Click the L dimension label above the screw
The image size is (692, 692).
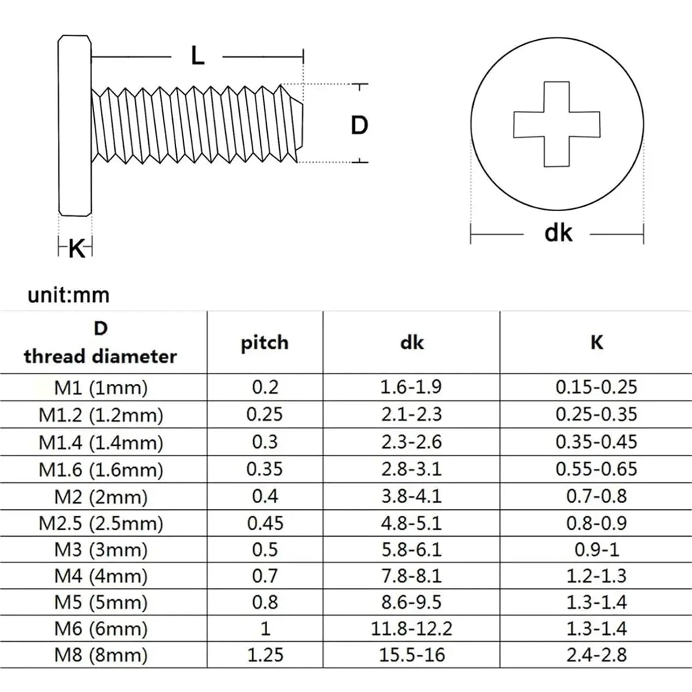tap(197, 56)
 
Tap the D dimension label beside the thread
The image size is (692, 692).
tap(359, 125)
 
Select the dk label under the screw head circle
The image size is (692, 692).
tap(558, 233)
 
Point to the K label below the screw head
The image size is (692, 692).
tap(77, 249)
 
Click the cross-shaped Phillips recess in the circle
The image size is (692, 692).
tap(557, 124)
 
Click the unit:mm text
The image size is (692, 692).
tap(68, 295)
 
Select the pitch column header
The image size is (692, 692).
tap(265, 343)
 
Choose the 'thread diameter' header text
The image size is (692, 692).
tap(101, 357)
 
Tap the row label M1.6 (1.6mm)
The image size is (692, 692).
tap(101, 470)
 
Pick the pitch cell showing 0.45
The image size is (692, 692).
tap(265, 523)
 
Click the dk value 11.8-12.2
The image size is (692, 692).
tap(412, 628)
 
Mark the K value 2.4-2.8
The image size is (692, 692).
tap(597, 655)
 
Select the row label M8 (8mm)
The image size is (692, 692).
tap(101, 655)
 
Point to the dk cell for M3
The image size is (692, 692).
tap(412, 549)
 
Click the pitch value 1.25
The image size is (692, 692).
tap(265, 655)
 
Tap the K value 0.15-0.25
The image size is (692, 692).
tap(597, 387)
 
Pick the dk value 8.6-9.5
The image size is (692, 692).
tap(412, 602)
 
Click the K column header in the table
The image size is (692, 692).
tap(597, 342)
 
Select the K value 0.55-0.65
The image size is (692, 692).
tap(597, 469)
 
